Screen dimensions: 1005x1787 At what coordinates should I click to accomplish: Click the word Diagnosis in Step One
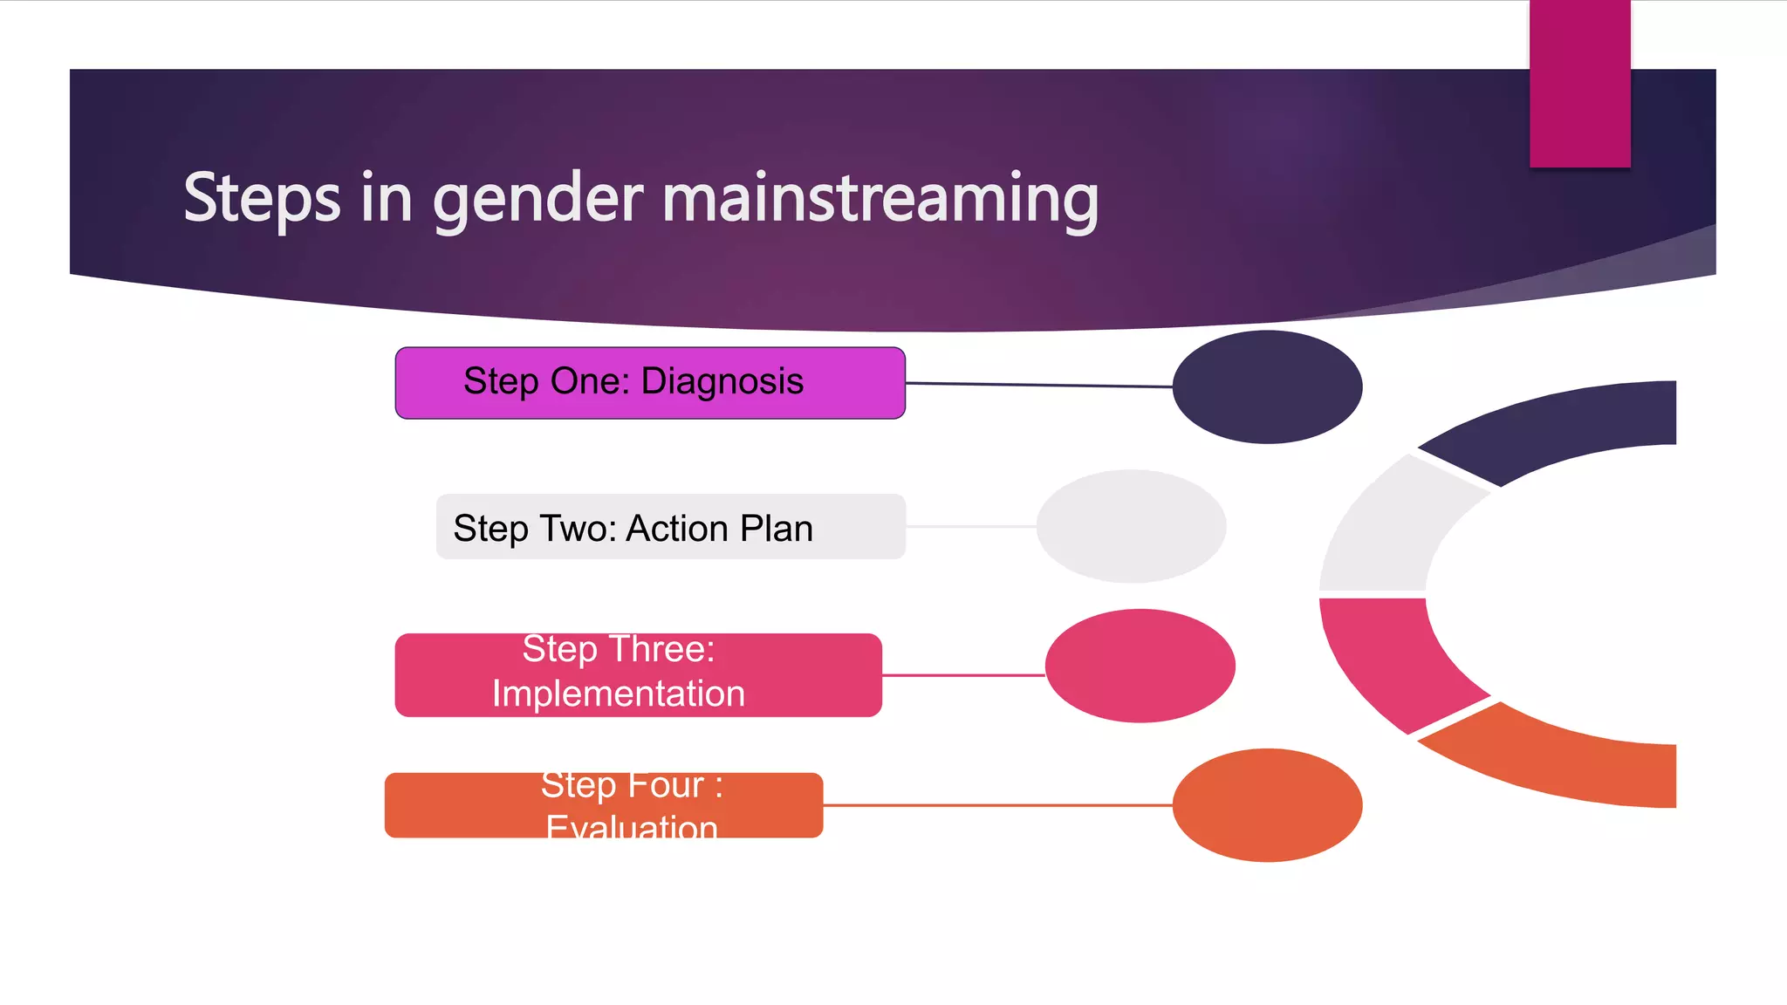pyautogui.click(x=722, y=382)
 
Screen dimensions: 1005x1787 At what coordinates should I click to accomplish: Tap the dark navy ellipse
pyautogui.click(x=1267, y=386)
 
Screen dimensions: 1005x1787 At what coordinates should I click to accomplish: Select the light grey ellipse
pyautogui.click(x=1131, y=526)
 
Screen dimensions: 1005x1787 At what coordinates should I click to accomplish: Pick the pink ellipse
pyautogui.click(x=1140, y=666)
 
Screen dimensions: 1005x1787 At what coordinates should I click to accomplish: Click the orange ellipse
pyautogui.click(x=1267, y=805)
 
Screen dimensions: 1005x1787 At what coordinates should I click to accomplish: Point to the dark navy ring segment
pyautogui.click(x=1562, y=428)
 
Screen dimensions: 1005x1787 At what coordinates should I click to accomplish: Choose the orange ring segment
pyautogui.click(x=1562, y=763)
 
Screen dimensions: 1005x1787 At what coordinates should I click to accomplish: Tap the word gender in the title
pyautogui.click(x=537, y=199)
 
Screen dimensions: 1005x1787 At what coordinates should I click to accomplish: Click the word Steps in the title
pyautogui.click(x=262, y=199)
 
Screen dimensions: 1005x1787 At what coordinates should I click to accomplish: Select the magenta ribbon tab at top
pyautogui.click(x=1579, y=83)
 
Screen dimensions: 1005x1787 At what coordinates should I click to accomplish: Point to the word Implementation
pyautogui.click(x=618, y=694)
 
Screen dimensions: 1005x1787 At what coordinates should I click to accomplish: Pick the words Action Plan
pyautogui.click(x=719, y=529)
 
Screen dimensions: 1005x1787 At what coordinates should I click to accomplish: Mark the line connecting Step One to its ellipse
pyautogui.click(x=1038, y=385)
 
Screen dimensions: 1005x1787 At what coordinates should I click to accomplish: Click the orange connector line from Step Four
pyautogui.click(x=995, y=805)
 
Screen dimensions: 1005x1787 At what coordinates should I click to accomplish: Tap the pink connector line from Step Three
pyautogui.click(x=963, y=675)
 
